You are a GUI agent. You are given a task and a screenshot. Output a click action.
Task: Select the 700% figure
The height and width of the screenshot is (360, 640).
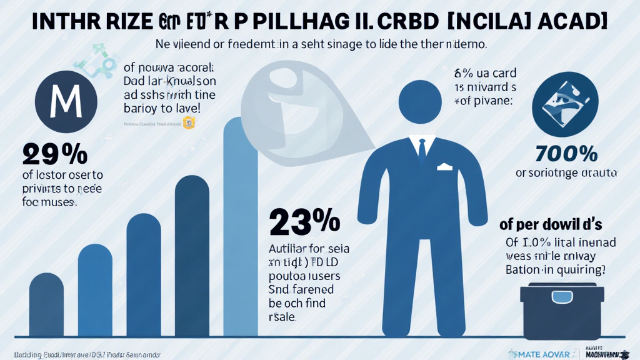click(x=566, y=154)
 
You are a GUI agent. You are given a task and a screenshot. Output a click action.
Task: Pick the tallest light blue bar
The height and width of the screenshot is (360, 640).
click(x=240, y=225)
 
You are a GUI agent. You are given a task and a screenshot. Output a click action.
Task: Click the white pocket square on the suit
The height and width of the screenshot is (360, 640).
click(x=444, y=167)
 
